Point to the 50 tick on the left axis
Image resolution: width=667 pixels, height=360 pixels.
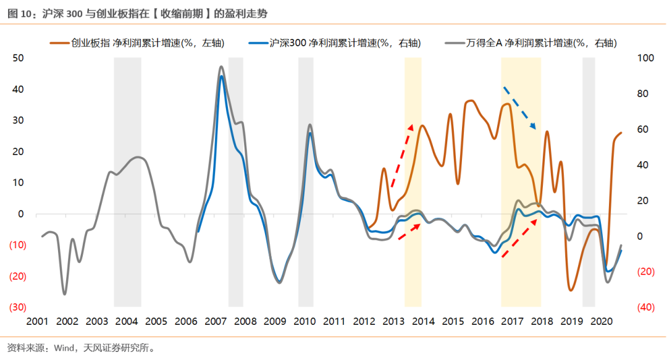(18, 58)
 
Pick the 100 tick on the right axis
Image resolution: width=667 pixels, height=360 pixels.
(645, 58)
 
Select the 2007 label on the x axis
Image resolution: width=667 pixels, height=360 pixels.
(216, 322)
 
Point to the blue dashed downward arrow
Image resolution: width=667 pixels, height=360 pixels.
(519, 109)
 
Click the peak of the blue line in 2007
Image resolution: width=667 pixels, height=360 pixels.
(222, 77)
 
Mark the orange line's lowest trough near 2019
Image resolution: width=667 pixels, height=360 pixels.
(571, 290)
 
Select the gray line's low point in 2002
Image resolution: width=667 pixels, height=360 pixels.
(64, 294)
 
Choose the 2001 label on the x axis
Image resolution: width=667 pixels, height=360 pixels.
(38, 322)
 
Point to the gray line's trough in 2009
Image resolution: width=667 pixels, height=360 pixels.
(280, 283)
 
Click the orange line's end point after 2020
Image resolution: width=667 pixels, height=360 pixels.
(621, 133)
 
